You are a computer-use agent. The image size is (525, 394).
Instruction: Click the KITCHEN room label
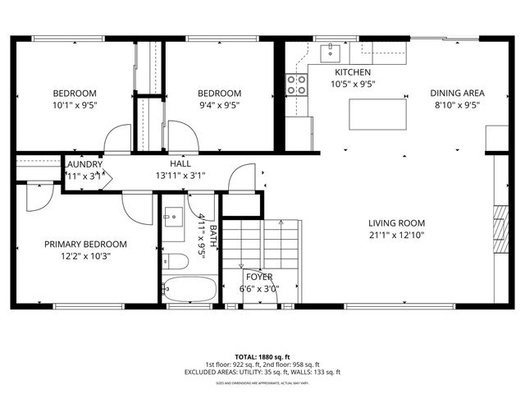pyautogui.click(x=353, y=72)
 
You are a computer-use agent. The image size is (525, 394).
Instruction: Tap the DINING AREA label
pyautogui.click(x=458, y=93)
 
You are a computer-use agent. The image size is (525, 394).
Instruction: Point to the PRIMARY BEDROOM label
pyautogui.click(x=85, y=244)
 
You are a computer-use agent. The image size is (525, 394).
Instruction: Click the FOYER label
pyautogui.click(x=258, y=277)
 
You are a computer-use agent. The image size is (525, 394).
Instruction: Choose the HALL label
pyautogui.click(x=180, y=163)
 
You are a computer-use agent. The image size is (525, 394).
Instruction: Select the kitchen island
pyautogui.click(x=378, y=113)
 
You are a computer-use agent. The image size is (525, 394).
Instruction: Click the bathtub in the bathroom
pyautogui.click(x=189, y=290)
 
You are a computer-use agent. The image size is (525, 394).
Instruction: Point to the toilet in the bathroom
pyautogui.click(x=174, y=261)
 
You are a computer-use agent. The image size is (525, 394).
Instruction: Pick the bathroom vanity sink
pyautogui.click(x=173, y=218)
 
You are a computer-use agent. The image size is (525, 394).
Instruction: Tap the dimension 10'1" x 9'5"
pyautogui.click(x=75, y=104)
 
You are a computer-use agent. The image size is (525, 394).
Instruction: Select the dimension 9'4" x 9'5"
pyautogui.click(x=219, y=104)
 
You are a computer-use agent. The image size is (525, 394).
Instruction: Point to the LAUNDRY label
pyautogui.click(x=83, y=163)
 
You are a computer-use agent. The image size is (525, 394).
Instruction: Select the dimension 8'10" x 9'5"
pyautogui.click(x=458, y=104)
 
